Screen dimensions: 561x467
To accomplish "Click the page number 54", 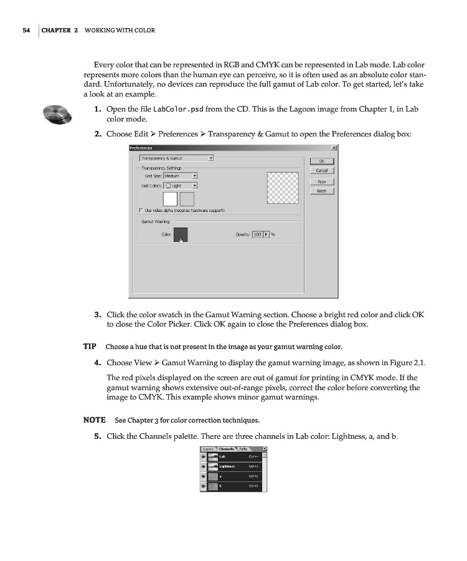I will pos(26,30).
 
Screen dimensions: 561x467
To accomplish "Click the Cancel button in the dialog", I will pos(321,170).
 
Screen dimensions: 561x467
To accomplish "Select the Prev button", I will pos(321,181).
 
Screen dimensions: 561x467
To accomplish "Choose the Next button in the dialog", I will pos(321,191).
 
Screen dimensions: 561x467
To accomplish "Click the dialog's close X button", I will pos(334,148).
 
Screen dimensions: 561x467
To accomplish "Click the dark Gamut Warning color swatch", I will pos(180,234).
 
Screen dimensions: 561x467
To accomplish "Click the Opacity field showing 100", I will pos(258,234).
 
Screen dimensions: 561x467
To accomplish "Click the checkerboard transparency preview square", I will pos(283,188).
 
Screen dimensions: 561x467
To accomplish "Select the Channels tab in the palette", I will pos(226,449).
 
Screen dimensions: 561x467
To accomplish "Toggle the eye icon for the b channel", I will pos(203,486).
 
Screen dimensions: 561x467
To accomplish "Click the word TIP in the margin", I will pos(90,347).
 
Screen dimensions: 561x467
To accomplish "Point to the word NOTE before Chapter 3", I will pos(94,420).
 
